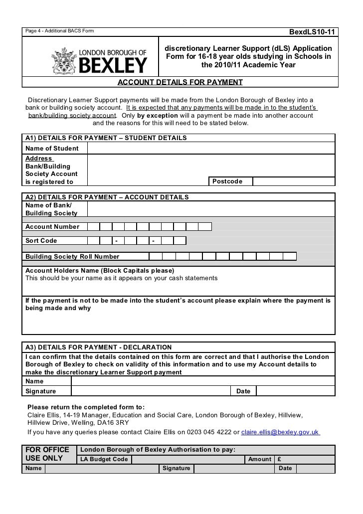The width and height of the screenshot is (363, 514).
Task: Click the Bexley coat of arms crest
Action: tap(64, 60)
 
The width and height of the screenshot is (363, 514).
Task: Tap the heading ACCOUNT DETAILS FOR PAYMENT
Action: tap(180, 82)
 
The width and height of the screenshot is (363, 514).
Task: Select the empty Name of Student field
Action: tap(211, 149)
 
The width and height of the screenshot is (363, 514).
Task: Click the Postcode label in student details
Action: tap(227, 181)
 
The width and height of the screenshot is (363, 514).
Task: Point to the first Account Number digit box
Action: tap(93, 227)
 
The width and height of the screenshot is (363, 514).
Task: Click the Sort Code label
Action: tap(41, 241)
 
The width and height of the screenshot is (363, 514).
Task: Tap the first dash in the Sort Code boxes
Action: tap(117, 241)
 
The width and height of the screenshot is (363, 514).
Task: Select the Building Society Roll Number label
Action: tap(73, 257)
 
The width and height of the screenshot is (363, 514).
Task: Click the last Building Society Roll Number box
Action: tap(290, 257)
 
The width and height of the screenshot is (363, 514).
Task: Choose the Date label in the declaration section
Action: tap(243, 391)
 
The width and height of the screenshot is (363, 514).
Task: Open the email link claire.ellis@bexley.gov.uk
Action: tap(280, 432)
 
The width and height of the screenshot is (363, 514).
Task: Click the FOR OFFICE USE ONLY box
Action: tap(48, 454)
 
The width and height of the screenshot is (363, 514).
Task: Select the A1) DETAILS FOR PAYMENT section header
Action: tap(106, 138)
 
